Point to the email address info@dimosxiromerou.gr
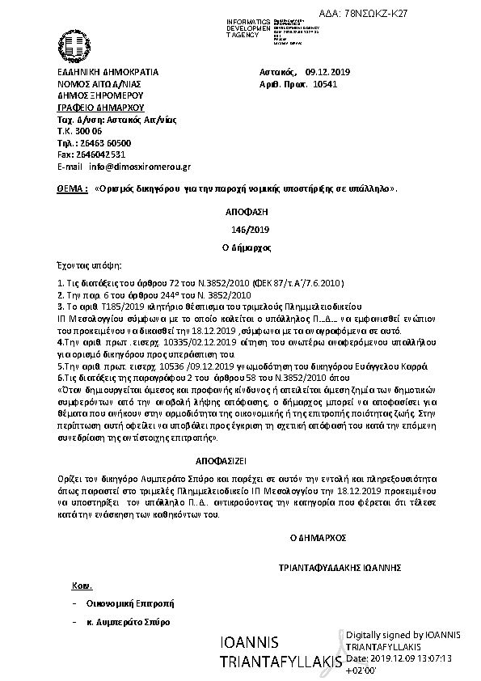tap(140, 167)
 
